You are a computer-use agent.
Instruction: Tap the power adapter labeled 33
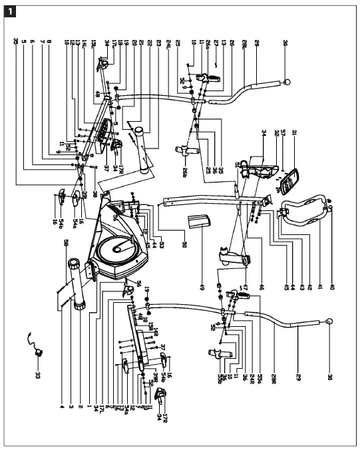[x=37, y=346]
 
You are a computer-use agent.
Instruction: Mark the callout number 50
[x=184, y=245]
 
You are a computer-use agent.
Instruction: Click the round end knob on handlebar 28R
[x=328, y=322]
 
